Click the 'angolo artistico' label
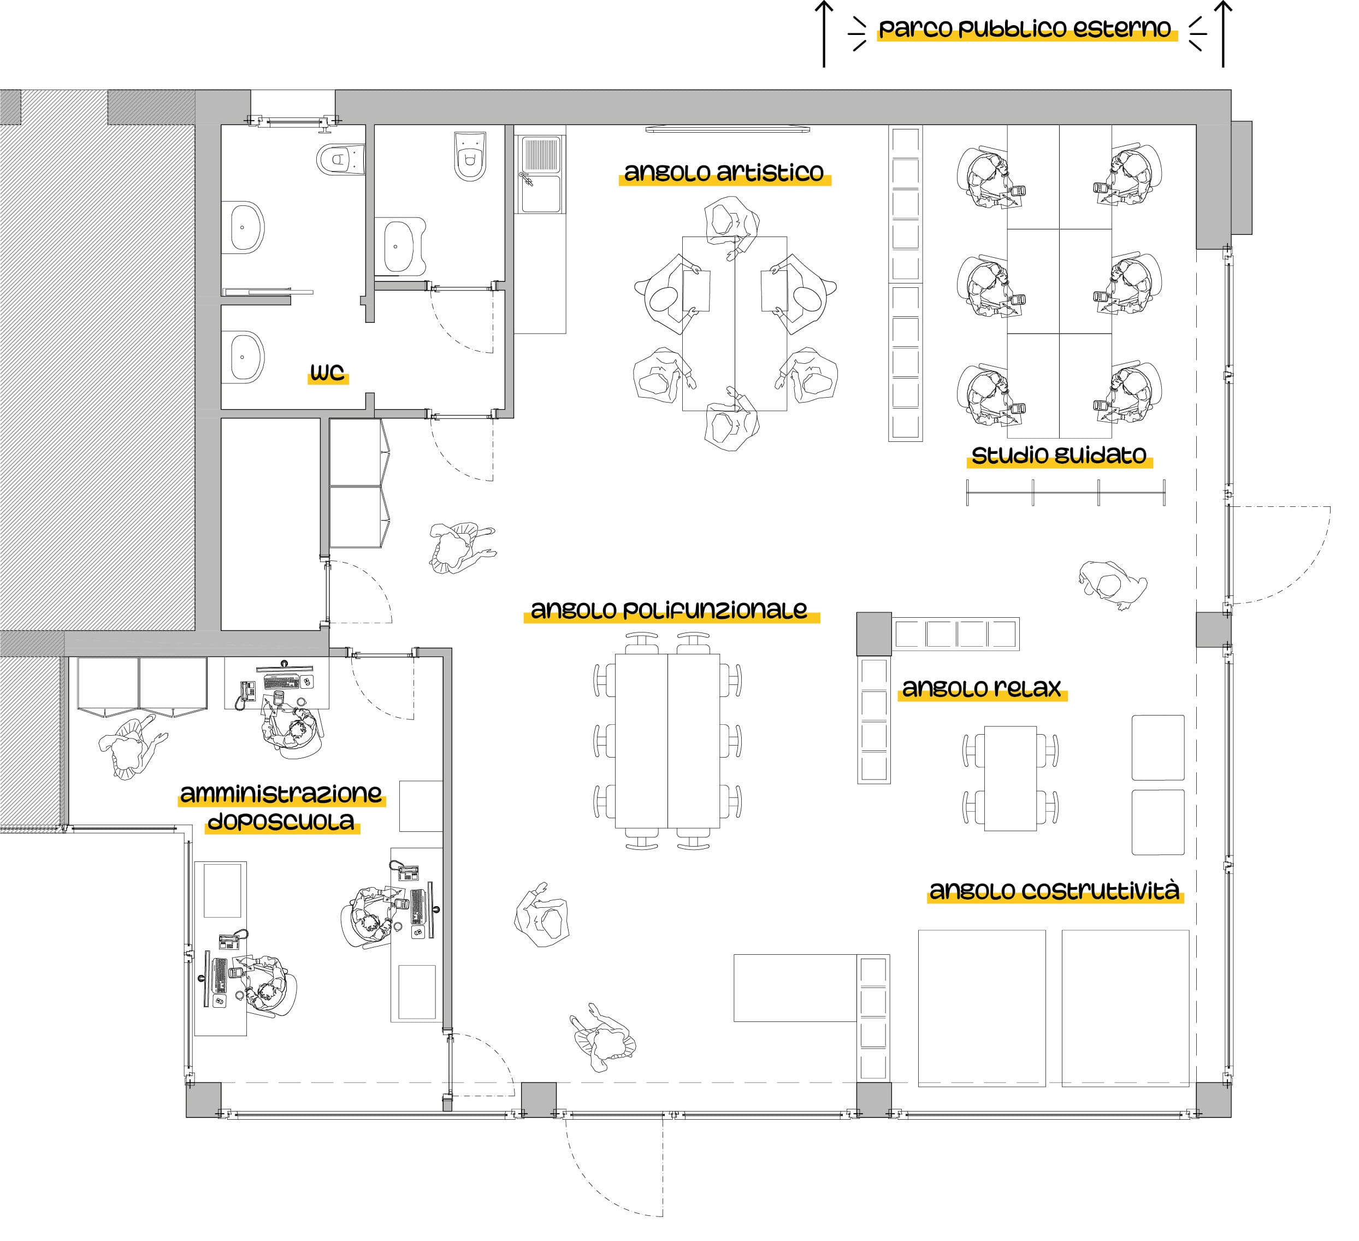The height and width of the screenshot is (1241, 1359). point(724,173)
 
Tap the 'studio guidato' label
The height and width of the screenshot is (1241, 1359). point(1059,456)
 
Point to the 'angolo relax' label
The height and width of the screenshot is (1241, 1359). point(982,688)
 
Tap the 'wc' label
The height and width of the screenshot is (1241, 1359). point(327,372)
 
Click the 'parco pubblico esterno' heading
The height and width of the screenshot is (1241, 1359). point(1025,29)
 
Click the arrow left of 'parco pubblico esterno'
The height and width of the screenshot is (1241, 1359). point(824,34)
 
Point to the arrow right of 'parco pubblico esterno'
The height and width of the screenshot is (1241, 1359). point(1223,34)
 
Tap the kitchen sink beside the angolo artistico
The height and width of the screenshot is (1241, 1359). point(541,174)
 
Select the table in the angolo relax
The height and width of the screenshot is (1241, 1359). point(1010,778)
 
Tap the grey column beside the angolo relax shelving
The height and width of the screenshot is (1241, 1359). point(873,634)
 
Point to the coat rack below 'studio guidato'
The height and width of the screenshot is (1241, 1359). point(1066,492)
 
